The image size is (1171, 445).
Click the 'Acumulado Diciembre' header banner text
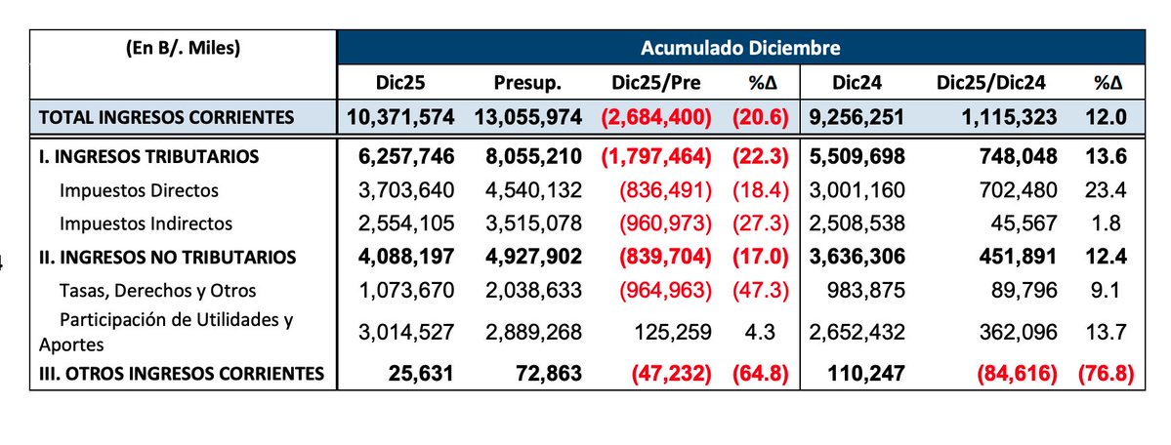click(740, 47)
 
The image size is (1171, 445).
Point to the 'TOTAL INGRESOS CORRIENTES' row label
click(165, 118)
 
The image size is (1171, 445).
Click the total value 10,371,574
click(400, 118)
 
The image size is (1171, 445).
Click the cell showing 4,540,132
click(529, 190)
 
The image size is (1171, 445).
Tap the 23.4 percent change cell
click(1108, 190)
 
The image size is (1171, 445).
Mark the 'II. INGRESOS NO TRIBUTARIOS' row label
click(166, 258)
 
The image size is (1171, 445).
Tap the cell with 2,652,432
click(856, 332)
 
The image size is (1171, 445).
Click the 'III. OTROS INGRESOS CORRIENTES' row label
click(180, 372)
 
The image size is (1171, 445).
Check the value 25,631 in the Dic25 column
click(420, 372)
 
